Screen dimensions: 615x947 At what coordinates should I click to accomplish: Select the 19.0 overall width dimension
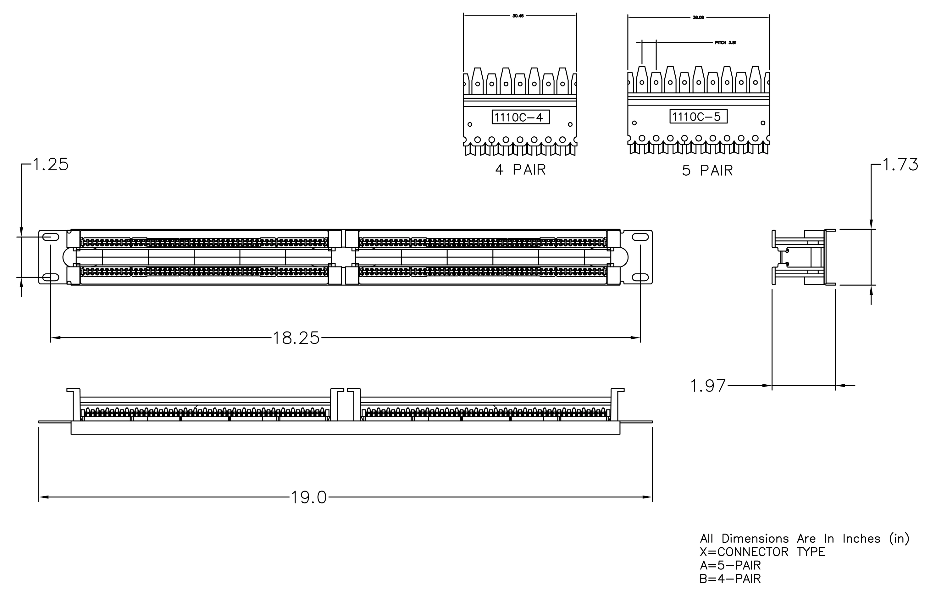(309, 497)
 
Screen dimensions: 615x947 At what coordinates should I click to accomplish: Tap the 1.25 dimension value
(51, 165)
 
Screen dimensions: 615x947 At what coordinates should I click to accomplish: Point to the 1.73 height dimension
(900, 165)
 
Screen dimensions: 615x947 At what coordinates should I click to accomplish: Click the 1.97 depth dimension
(708, 386)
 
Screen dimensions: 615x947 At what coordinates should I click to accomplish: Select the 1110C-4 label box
(520, 117)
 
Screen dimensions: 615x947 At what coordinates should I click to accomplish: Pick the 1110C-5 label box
(698, 117)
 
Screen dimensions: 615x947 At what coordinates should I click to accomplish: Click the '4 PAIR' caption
(520, 170)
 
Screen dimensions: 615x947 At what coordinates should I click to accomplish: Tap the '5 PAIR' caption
(707, 171)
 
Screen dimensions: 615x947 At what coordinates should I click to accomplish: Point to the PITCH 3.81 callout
(726, 42)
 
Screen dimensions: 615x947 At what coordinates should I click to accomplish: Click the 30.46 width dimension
(518, 16)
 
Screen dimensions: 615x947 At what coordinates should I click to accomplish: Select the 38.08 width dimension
(698, 18)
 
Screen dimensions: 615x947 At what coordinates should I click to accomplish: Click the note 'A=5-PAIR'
(730, 565)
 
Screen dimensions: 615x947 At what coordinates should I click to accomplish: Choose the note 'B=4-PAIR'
(730, 579)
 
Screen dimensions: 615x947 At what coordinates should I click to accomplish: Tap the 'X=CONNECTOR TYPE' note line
(762, 552)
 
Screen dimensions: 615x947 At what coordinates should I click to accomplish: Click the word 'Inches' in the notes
(861, 539)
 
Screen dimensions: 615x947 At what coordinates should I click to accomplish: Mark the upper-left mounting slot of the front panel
(51, 237)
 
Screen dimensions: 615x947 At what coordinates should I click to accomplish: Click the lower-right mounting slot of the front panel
(640, 277)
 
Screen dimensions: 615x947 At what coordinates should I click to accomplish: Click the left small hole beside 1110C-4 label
(470, 124)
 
